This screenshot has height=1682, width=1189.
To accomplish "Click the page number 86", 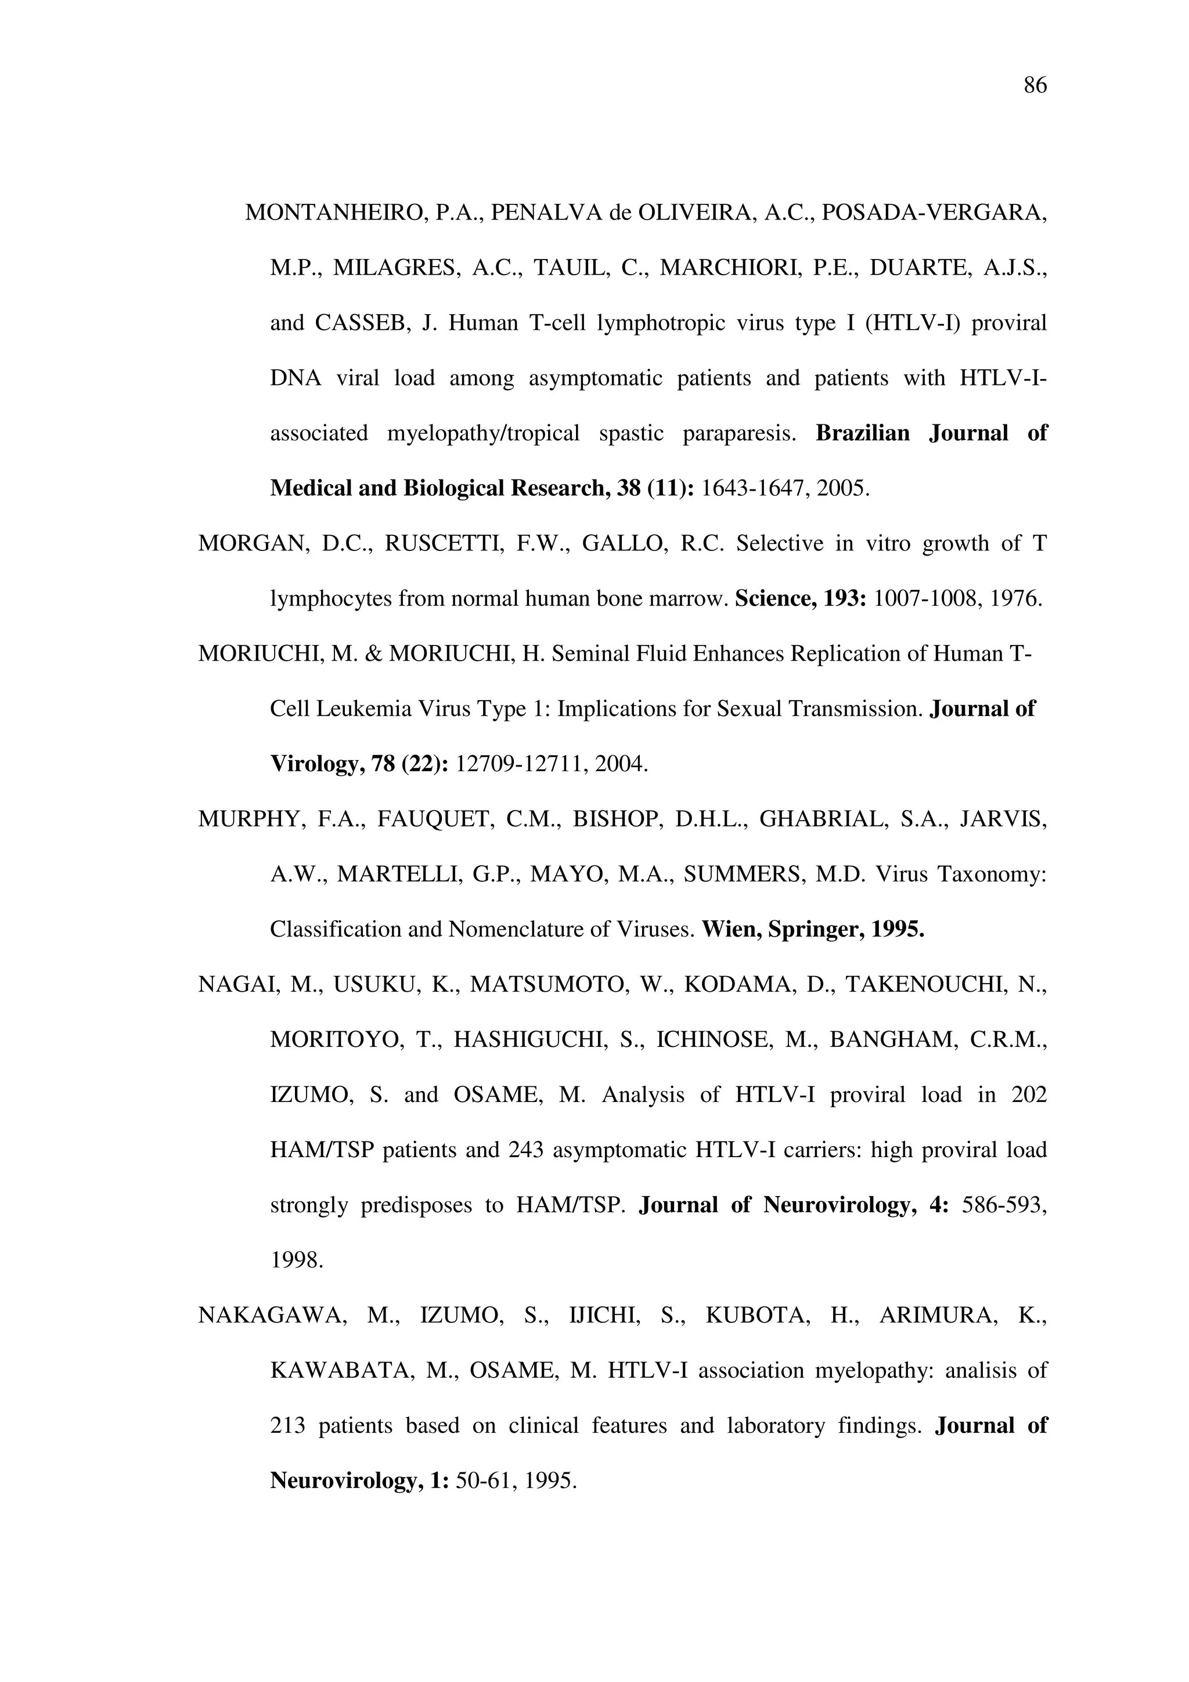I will (x=1035, y=86).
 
